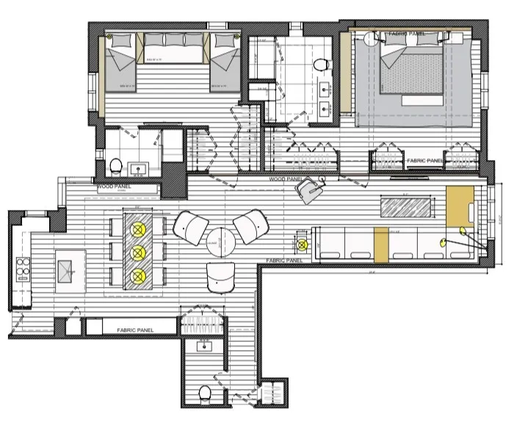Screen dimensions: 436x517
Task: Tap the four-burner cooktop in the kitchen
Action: point(20,266)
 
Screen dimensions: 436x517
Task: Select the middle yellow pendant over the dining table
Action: point(137,252)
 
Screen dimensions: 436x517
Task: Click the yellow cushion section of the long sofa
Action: point(380,244)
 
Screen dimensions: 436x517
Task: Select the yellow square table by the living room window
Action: point(460,205)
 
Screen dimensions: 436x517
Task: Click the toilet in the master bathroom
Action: point(320,66)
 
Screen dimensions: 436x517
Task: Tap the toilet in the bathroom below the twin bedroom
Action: point(115,166)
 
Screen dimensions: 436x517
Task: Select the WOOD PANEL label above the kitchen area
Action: point(112,187)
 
